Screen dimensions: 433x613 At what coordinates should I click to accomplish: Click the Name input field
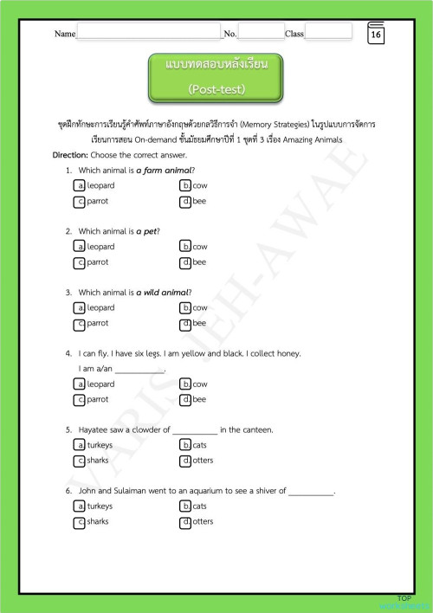click(x=149, y=32)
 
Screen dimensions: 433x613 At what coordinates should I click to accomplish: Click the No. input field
click(x=261, y=32)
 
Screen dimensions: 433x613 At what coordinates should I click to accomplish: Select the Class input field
click(x=328, y=32)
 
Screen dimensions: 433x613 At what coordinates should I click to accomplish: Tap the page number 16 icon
click(x=376, y=34)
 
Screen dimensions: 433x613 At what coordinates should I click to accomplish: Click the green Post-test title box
click(x=216, y=78)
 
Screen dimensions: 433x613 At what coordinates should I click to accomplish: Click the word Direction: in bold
click(x=70, y=154)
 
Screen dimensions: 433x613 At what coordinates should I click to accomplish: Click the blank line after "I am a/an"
click(x=139, y=369)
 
